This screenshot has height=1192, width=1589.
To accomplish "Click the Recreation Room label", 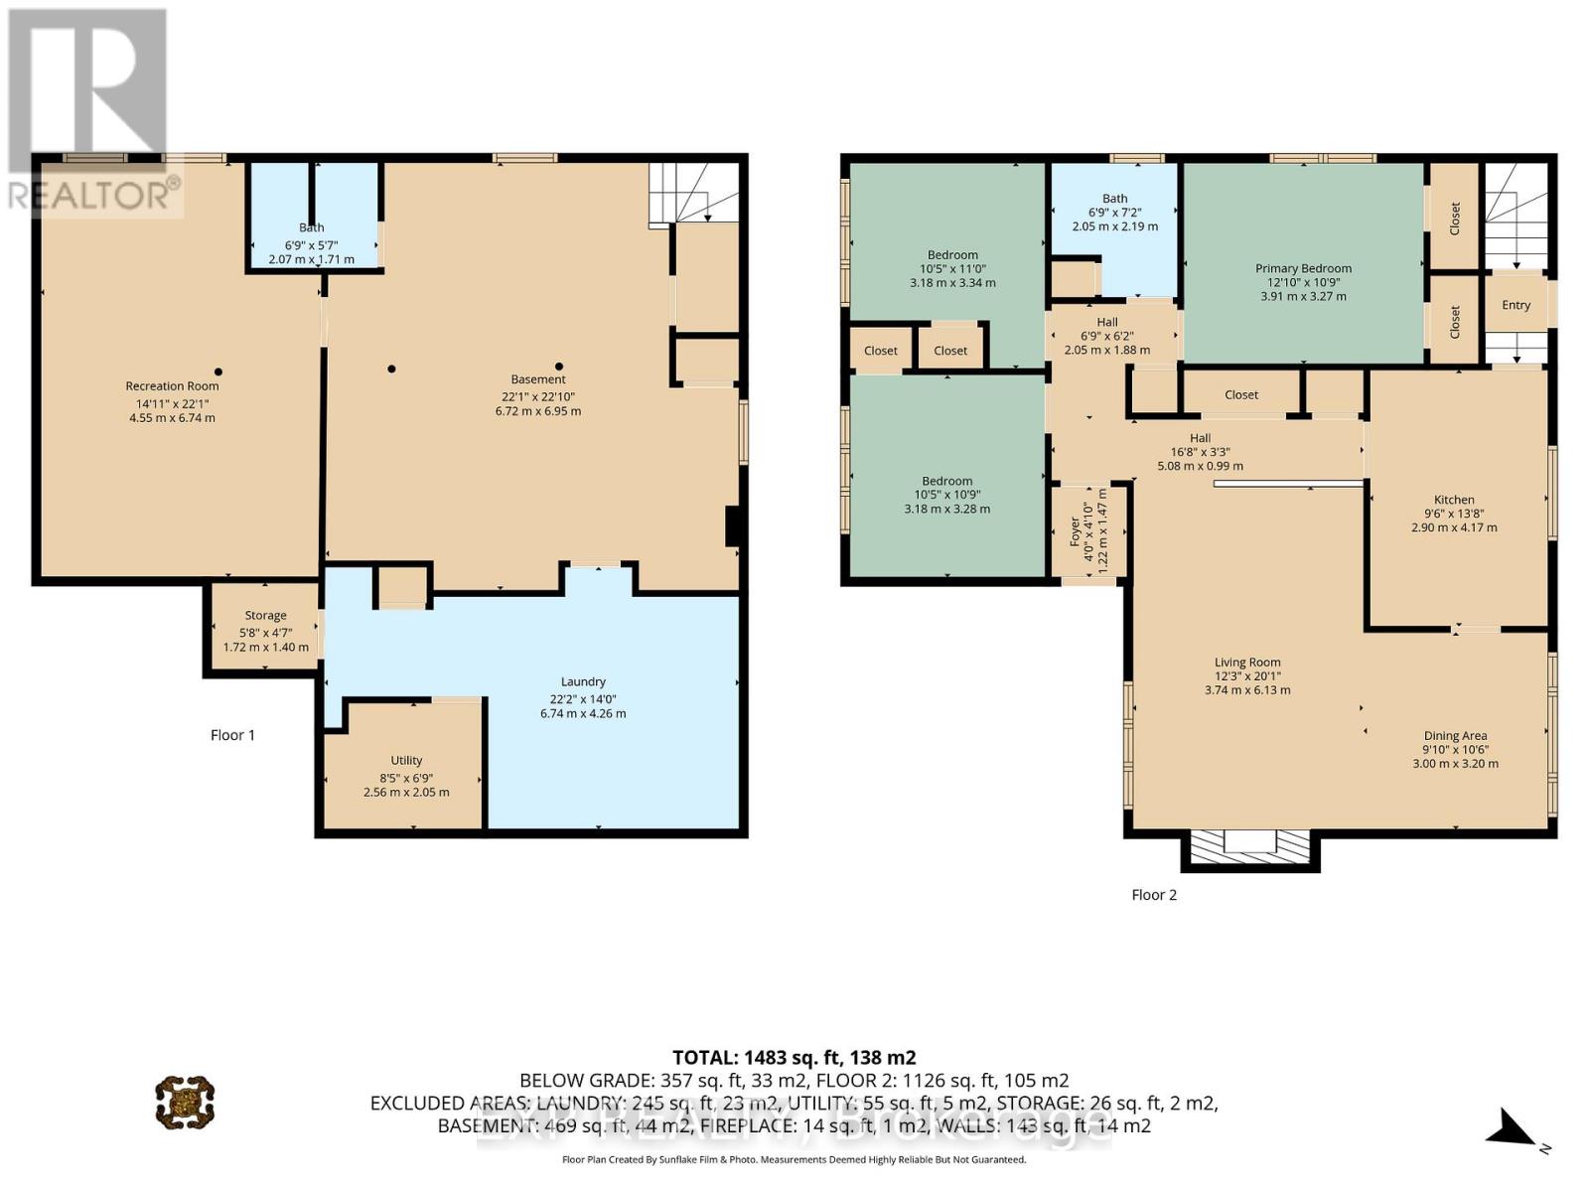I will click(172, 386).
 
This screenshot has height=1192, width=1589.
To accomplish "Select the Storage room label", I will click(265, 616).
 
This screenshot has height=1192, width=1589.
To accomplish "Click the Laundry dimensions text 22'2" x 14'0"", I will click(583, 697).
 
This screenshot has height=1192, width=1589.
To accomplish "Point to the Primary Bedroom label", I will click(1303, 268).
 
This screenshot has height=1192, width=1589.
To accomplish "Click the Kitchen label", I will click(1454, 500).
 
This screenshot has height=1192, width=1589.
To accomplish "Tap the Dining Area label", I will click(1455, 736).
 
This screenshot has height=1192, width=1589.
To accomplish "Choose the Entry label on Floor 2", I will click(1516, 305).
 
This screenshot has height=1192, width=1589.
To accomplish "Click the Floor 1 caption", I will click(232, 735).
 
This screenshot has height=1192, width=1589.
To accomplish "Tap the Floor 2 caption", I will click(1154, 895).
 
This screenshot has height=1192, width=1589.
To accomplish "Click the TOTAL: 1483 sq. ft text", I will click(794, 1058).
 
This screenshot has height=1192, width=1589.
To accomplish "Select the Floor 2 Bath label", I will click(1114, 199).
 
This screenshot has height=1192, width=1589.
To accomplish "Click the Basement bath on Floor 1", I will click(312, 227).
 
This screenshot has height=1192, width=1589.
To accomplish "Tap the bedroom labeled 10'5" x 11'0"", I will click(952, 268).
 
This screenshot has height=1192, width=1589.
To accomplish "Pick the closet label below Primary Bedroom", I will click(1241, 394).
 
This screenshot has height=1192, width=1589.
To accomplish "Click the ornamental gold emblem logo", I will click(185, 1102).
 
